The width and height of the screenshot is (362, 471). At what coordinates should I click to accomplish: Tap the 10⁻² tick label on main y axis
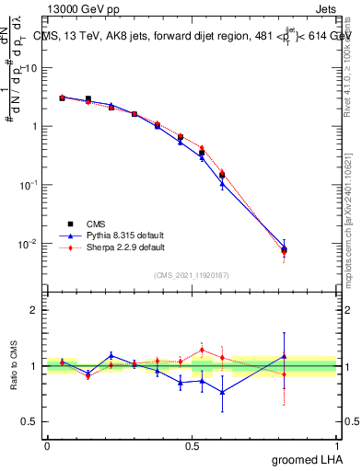[x=28, y=244]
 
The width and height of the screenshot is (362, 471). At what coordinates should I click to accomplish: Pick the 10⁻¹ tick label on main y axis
[x=28, y=185]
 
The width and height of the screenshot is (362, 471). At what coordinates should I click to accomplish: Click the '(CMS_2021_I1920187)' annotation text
[x=192, y=274]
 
